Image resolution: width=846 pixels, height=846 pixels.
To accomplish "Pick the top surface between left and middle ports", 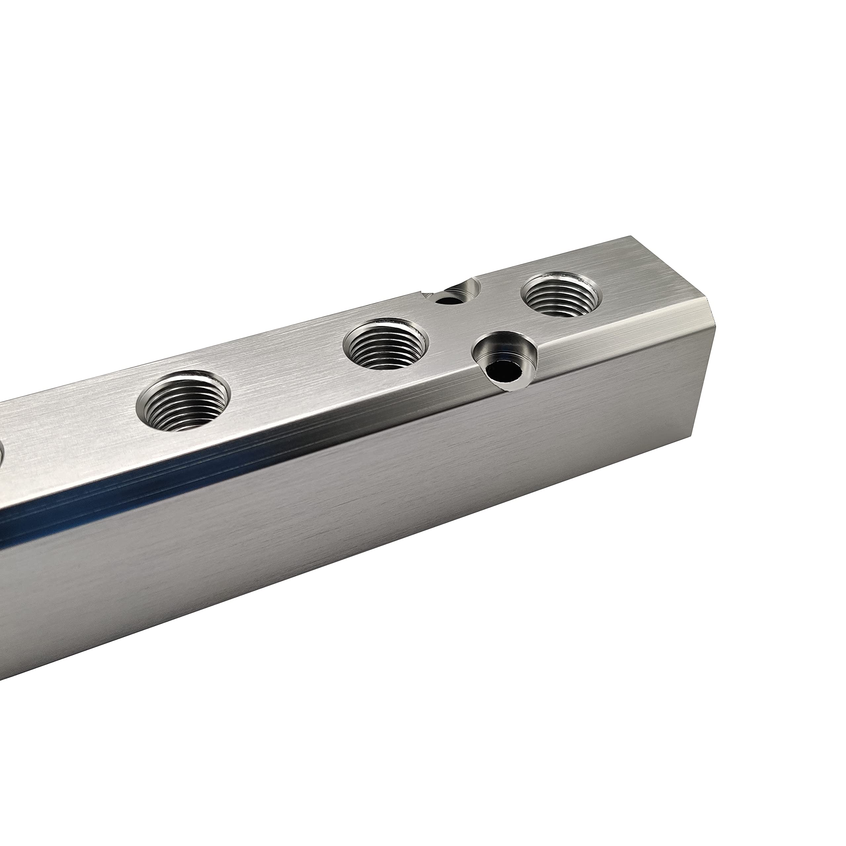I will click(285, 372).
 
